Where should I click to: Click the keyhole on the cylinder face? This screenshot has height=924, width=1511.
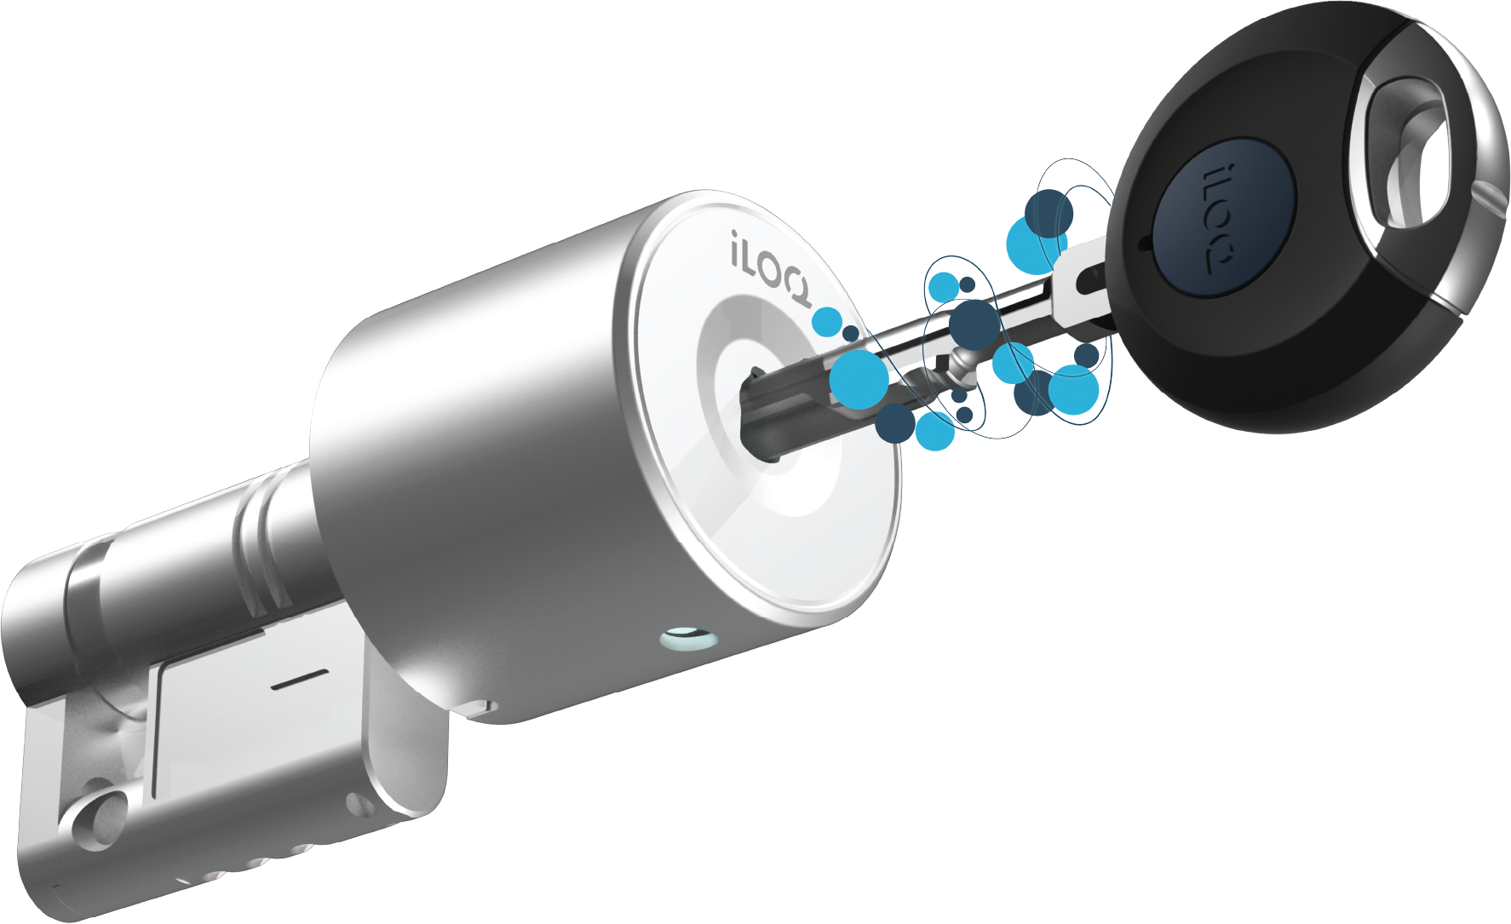point(762,413)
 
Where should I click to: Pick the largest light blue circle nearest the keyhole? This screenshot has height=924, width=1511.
point(859,380)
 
